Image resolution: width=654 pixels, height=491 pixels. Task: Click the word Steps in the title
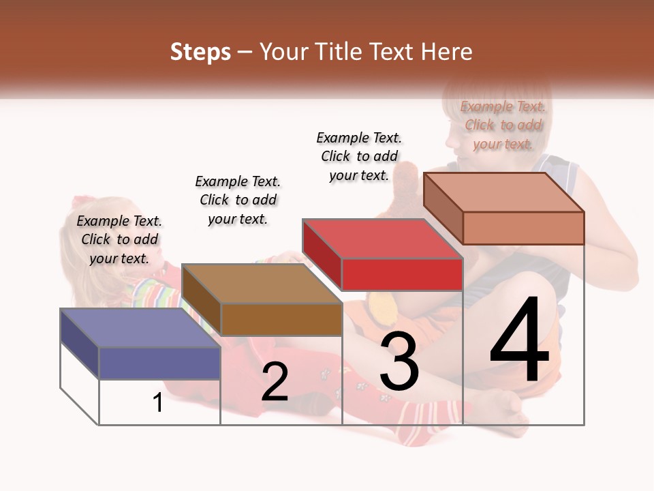coord(200,52)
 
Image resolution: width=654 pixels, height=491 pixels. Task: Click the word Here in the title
coord(446,52)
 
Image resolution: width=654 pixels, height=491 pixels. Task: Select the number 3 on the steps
coord(399,361)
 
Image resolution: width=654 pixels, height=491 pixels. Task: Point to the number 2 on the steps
coord(275,382)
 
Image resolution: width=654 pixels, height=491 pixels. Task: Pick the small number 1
coord(158,403)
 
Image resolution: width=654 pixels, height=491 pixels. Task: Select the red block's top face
coord(382,238)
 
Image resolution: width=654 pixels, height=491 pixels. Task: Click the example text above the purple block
coord(119,239)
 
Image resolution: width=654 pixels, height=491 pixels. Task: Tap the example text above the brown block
coord(238,200)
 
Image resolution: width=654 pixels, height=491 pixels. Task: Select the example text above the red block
coord(359,156)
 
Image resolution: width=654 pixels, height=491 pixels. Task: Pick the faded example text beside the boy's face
coord(503,125)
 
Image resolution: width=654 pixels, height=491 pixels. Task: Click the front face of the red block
coord(402,274)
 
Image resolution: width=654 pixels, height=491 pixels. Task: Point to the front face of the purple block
coord(159,363)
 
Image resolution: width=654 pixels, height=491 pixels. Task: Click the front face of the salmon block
coord(523,228)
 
